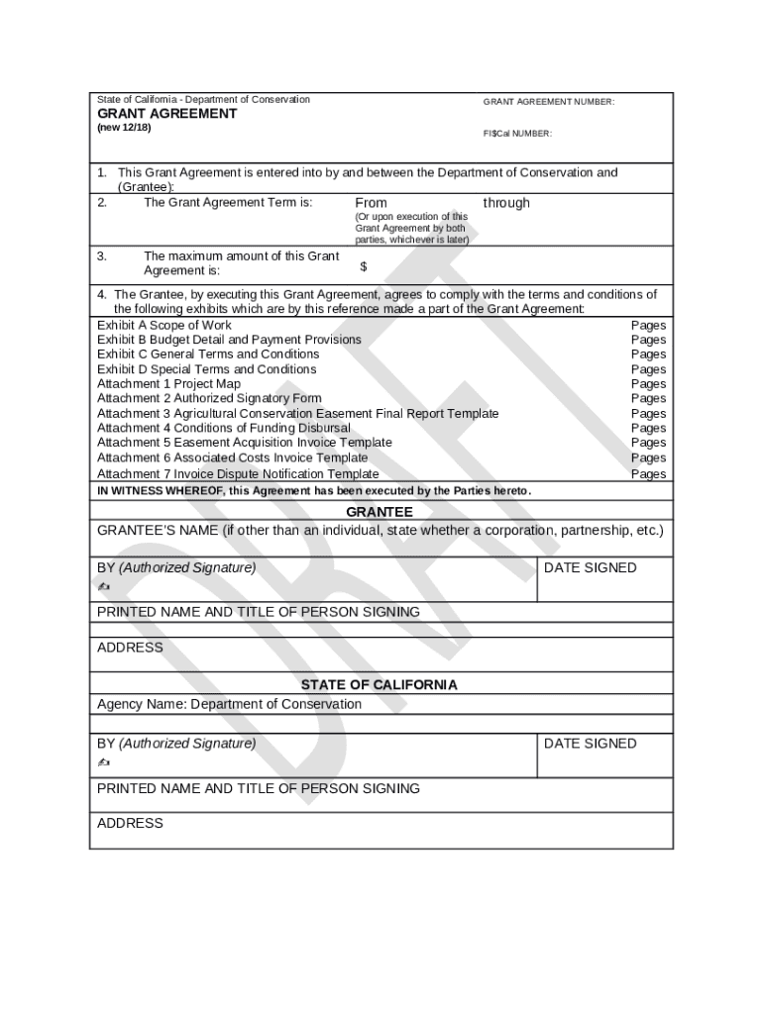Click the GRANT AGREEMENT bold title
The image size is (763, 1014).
point(166,114)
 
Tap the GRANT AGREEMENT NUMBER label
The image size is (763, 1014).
point(549,102)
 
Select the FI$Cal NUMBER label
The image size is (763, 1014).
point(517,134)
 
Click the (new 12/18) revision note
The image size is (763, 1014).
point(124,129)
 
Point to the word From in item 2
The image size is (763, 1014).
point(372,203)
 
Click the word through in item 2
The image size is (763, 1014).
point(506,203)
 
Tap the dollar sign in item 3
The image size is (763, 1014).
point(364,266)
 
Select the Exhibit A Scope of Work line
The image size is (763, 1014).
point(164,325)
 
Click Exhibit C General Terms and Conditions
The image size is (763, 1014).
point(208,355)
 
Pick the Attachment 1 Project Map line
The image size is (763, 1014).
point(168,384)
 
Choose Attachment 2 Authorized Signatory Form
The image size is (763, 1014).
point(209,399)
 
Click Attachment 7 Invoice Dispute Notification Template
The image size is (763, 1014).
point(238,473)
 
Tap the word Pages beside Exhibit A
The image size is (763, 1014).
point(649,325)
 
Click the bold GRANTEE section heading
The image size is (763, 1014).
point(380,512)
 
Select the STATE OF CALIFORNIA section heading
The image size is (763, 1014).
point(380,684)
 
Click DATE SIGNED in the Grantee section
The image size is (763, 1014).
point(591,567)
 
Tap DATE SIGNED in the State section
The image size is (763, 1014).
point(591,744)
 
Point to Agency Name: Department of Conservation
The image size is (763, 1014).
point(229,704)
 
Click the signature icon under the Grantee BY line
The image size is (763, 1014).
point(104,587)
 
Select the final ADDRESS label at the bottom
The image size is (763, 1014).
point(130,823)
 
